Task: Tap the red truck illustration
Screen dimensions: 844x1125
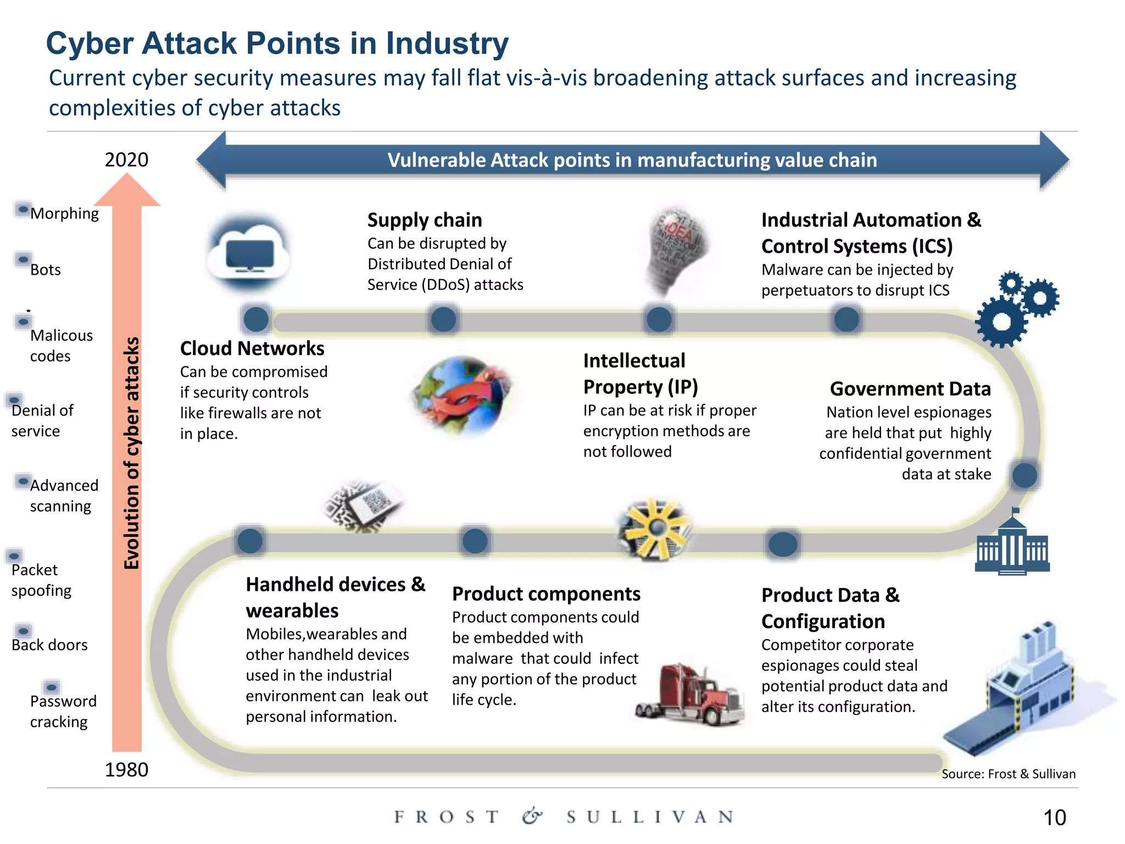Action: coord(690,695)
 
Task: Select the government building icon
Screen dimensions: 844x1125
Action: coord(1012,543)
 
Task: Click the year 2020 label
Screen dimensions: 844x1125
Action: coord(126,160)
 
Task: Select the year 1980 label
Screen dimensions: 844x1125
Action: coord(126,769)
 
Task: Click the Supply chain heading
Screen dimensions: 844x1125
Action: coord(425,220)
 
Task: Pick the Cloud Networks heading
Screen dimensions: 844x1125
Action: coord(252,348)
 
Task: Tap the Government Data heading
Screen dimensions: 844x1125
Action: coord(910,388)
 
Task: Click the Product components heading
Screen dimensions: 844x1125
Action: coord(546,594)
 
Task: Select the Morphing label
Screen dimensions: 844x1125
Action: coord(64,213)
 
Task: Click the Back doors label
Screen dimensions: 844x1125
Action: coord(49,645)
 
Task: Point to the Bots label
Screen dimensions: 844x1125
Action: coord(46,270)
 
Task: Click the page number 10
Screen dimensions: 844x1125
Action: coord(1054,817)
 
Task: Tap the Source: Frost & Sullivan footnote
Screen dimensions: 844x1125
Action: coord(1009,774)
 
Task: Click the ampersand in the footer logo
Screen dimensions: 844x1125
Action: coord(532,817)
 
